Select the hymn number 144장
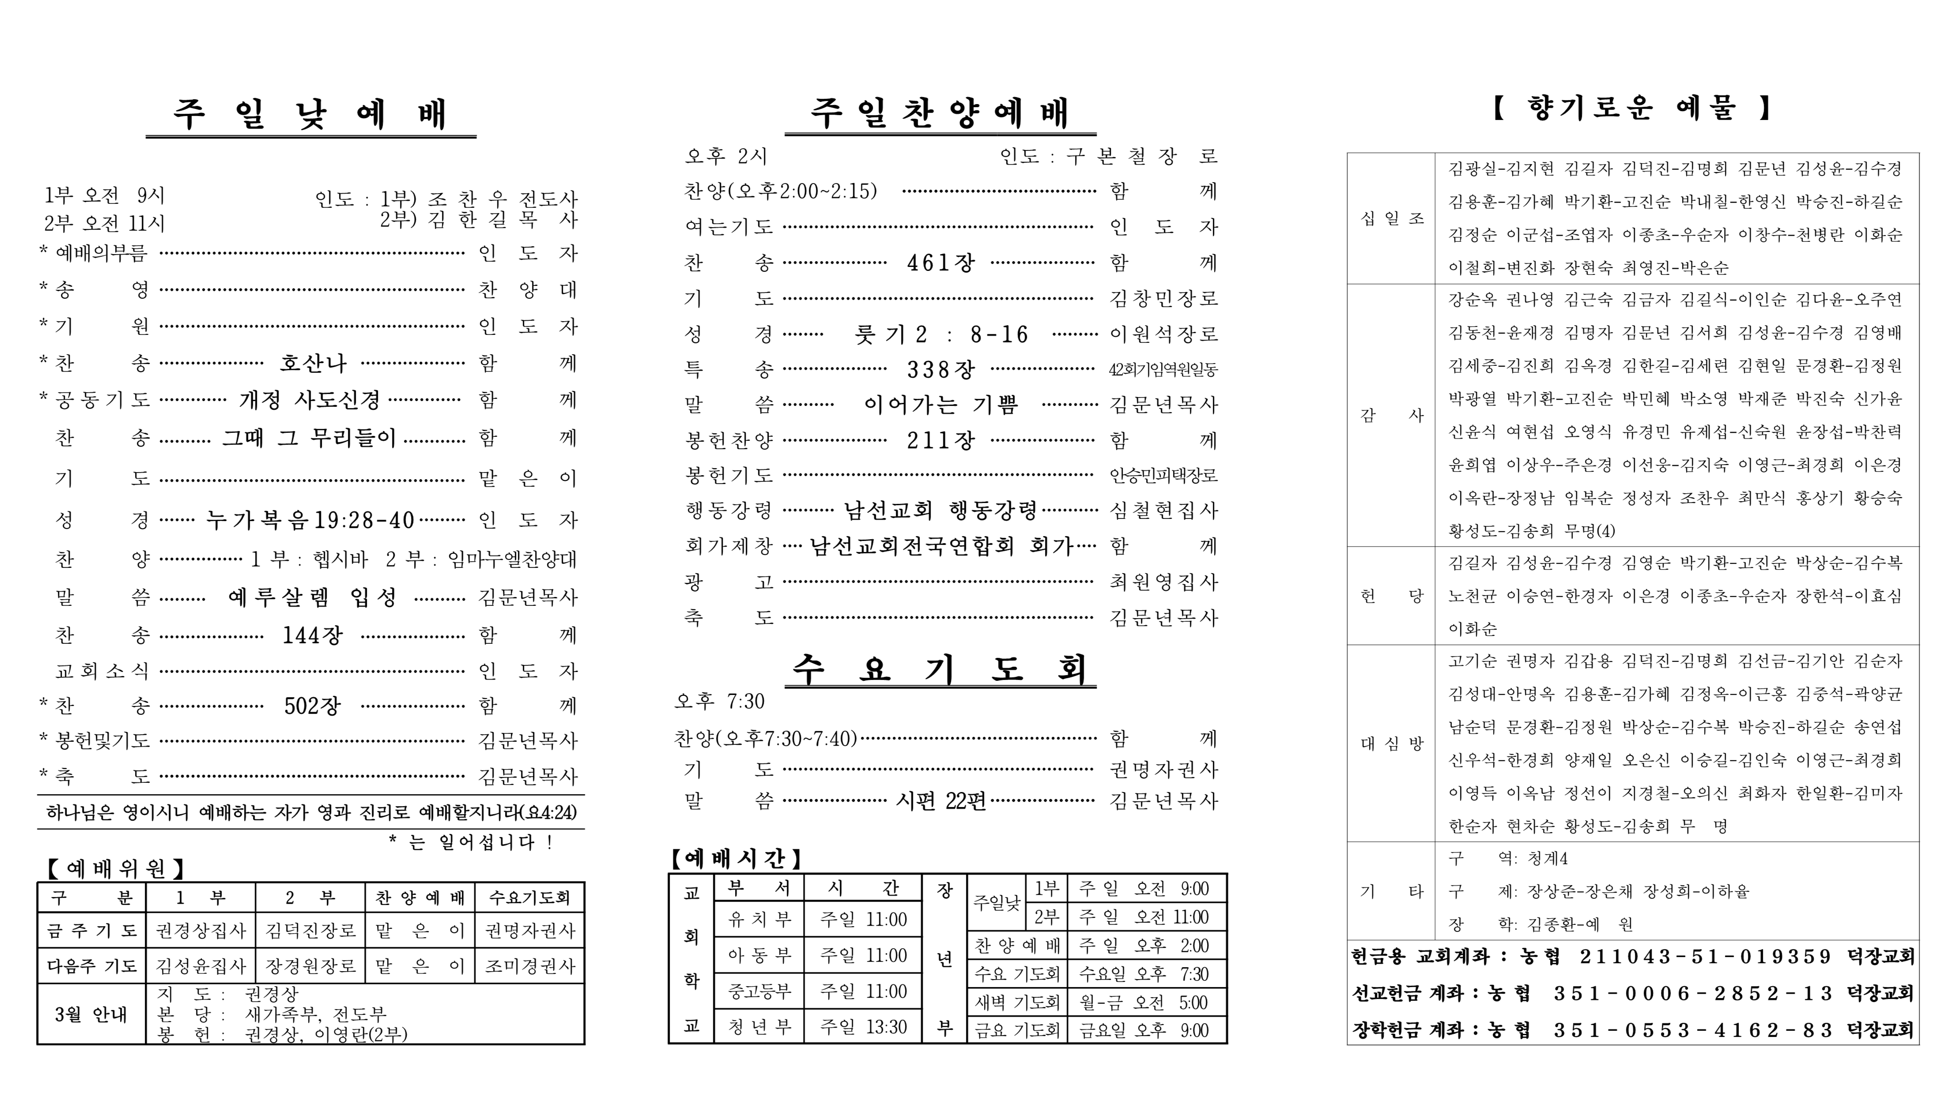click(x=312, y=635)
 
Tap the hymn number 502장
click(x=312, y=706)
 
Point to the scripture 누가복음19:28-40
click(x=310, y=520)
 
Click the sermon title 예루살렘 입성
click(x=312, y=597)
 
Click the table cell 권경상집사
click(x=201, y=931)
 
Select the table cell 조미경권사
click(x=529, y=966)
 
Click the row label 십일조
click(x=1391, y=218)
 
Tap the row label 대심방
click(x=1391, y=744)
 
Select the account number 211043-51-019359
click(x=1704, y=957)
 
